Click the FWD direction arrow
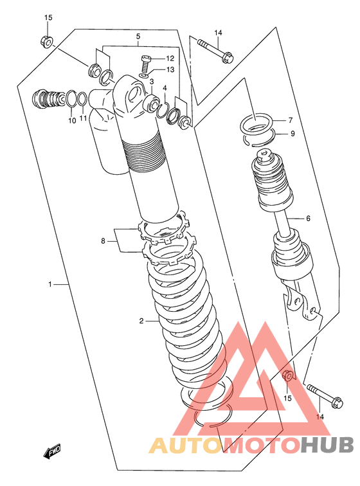[x=52, y=451]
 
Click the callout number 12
[x=170, y=59]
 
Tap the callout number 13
[x=170, y=69]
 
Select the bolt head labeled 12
[x=145, y=58]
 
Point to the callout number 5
[x=138, y=36]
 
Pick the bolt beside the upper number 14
[x=215, y=50]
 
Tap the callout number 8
[x=104, y=240]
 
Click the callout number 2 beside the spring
[x=141, y=321]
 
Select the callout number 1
[x=50, y=284]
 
